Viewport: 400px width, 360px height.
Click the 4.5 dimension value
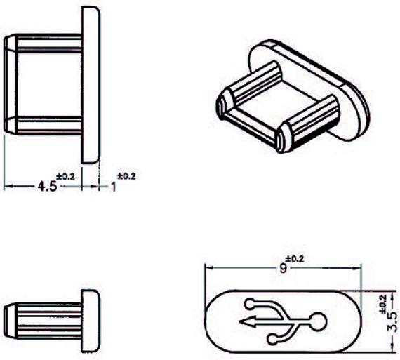coord(47,186)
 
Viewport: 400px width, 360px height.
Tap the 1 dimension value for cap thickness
coord(114,187)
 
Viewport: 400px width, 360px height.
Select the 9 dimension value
coord(284,268)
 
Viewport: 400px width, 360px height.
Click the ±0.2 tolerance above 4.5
coord(65,177)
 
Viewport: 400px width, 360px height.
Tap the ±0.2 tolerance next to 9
coord(295,259)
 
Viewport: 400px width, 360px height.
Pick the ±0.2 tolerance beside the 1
coord(126,176)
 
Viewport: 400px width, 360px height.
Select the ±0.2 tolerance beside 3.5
coord(383,304)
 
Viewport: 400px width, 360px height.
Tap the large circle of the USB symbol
coord(318,321)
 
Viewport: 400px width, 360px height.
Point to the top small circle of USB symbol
coord(250,304)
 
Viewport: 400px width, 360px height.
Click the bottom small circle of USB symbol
coord(273,340)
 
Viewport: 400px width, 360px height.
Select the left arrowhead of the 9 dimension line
coord(210,268)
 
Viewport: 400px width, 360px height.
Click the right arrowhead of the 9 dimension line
coord(357,268)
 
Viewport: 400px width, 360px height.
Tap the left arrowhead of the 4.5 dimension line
coord(8,187)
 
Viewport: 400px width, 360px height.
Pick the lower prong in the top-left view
coord(44,125)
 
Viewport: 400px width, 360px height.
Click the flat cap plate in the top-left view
coord(91,85)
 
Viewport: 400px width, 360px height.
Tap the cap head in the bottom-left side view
coord(91,321)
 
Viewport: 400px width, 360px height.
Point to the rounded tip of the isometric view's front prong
coord(284,137)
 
